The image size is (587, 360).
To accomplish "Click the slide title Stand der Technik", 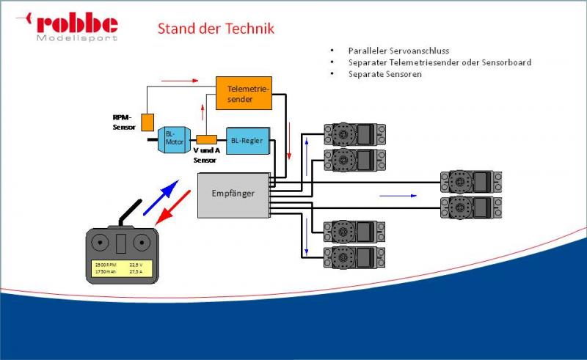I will coord(216,29).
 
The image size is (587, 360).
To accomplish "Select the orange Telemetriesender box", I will coord(244,93).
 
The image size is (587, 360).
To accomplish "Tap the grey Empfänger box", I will coord(233,195).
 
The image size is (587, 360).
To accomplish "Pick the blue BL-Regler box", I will coord(247,140).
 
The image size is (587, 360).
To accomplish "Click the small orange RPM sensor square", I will coord(147,122).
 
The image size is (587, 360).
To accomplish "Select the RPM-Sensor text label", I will coord(124,121).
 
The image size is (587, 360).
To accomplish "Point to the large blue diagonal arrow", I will coord(161,197).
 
